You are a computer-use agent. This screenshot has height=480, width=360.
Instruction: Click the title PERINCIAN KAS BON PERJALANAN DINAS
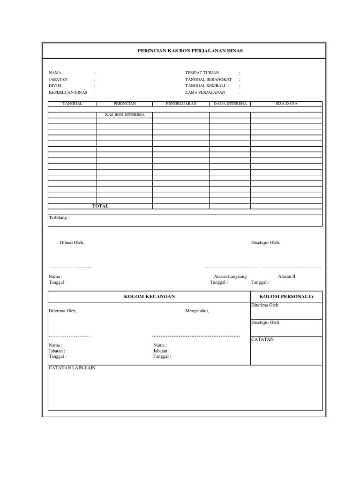click(183, 50)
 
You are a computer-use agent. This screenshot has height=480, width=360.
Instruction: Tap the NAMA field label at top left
click(55, 73)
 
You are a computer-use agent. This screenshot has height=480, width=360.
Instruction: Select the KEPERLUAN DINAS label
click(68, 92)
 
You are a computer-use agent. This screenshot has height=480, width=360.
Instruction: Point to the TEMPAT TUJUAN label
click(202, 73)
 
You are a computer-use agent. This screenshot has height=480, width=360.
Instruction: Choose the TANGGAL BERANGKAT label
click(209, 79)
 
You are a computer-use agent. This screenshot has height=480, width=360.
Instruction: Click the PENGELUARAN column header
click(181, 103)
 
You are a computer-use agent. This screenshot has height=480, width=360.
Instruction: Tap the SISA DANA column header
click(286, 103)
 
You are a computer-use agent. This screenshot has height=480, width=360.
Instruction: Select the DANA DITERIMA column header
click(230, 103)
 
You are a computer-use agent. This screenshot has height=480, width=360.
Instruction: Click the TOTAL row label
click(100, 206)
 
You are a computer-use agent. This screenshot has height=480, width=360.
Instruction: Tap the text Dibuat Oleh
click(72, 242)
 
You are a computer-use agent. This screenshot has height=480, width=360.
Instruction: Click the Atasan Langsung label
click(230, 277)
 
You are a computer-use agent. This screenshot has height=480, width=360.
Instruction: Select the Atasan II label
click(286, 277)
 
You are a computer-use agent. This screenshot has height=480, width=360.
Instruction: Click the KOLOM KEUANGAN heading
click(149, 296)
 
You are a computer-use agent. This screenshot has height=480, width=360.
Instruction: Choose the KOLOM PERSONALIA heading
click(286, 296)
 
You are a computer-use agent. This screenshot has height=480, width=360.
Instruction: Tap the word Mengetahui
click(197, 310)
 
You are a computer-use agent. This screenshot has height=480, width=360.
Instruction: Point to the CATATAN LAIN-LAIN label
click(72, 368)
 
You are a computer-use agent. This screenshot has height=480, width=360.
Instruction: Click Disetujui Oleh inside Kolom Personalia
click(265, 322)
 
